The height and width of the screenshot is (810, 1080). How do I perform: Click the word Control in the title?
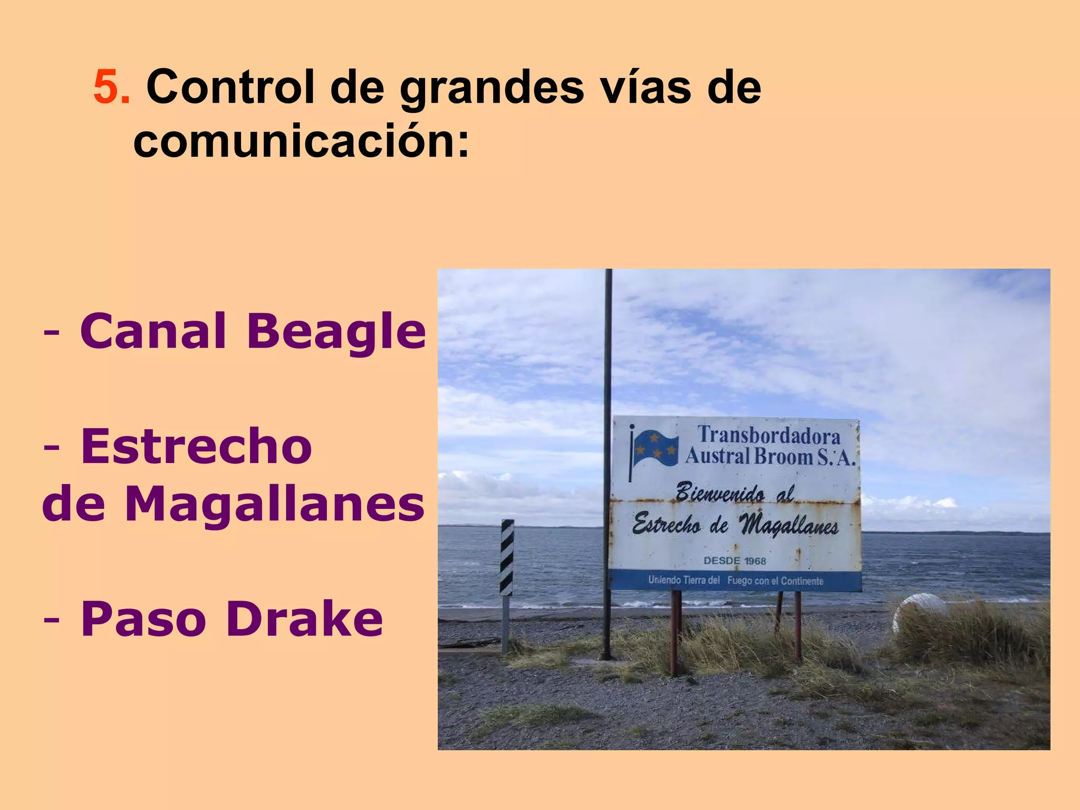click(x=230, y=86)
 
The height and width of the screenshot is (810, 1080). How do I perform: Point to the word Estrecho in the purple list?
click(x=196, y=447)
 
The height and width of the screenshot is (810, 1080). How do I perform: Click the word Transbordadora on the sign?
click(x=769, y=436)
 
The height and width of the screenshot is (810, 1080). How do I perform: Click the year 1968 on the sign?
click(x=755, y=561)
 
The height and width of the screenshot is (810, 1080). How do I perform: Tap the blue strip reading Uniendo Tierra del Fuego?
click(x=735, y=581)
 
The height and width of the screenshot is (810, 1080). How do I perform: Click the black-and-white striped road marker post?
click(x=507, y=558)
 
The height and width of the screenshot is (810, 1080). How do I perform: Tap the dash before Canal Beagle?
click(x=52, y=332)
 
